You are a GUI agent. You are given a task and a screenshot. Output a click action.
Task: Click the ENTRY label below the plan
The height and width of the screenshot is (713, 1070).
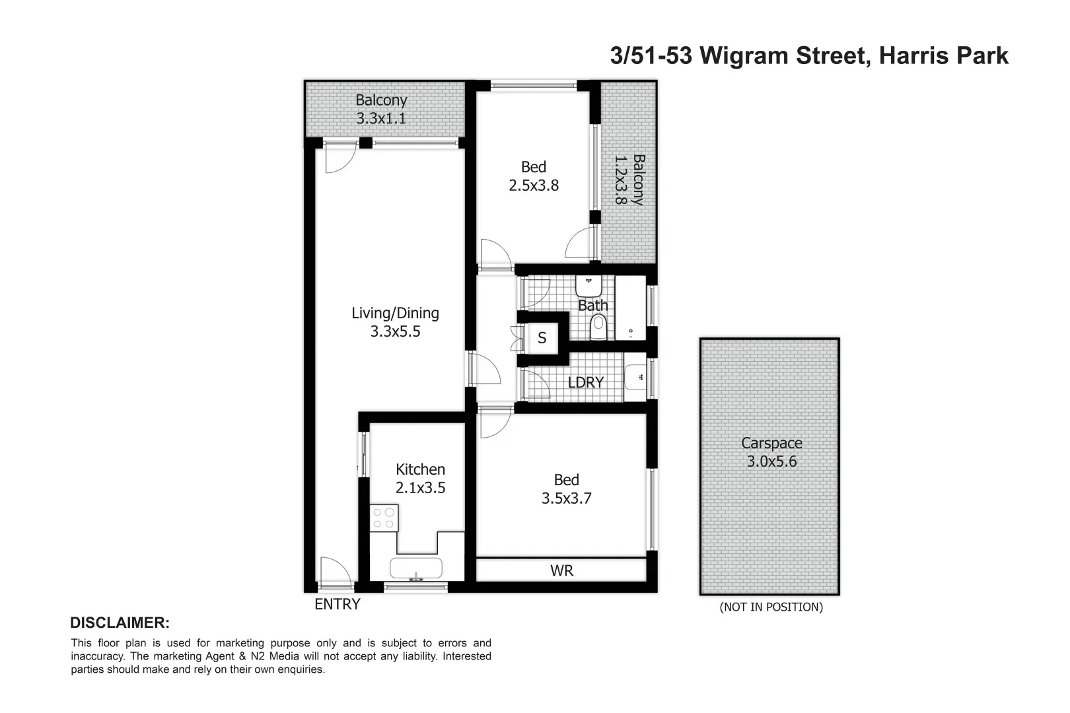(x=337, y=604)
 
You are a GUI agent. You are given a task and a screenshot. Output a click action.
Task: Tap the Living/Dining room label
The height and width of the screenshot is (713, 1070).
(x=395, y=313)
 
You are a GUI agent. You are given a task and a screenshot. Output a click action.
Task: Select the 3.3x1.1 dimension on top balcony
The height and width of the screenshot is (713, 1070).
(x=381, y=119)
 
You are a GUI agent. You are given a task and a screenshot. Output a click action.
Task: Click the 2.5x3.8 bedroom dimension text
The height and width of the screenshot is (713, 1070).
(x=534, y=186)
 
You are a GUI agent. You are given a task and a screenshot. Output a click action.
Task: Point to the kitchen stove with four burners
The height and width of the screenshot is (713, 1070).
(x=384, y=517)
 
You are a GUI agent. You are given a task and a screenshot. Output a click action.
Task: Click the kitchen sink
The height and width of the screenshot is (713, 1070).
(x=416, y=568)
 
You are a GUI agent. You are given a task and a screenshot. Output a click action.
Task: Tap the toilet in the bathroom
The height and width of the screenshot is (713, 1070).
(x=598, y=327)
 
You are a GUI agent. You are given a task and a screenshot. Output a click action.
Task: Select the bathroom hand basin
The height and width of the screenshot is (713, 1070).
(x=588, y=286)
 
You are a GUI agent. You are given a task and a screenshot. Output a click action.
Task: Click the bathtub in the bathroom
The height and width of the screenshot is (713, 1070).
(x=631, y=308)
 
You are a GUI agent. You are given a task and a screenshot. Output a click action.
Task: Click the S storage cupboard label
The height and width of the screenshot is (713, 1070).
(x=542, y=338)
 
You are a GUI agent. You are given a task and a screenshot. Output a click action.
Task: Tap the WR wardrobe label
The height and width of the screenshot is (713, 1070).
(x=561, y=570)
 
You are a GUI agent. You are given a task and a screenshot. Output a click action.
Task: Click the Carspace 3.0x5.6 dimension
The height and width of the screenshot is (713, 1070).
(x=771, y=461)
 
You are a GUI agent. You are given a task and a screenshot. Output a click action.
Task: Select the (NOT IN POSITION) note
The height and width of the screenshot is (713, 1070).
(x=771, y=607)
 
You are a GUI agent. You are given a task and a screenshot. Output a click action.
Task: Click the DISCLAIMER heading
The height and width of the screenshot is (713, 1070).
(x=120, y=623)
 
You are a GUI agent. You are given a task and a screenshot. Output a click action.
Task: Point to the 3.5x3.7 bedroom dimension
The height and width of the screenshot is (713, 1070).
(x=567, y=498)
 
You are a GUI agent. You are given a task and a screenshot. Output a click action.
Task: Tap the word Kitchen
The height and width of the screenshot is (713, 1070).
(x=420, y=469)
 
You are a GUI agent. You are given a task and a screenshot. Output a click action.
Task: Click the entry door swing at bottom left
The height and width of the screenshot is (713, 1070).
(x=335, y=571)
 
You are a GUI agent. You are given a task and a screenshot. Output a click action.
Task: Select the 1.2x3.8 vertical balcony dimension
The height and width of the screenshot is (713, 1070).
(x=620, y=180)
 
